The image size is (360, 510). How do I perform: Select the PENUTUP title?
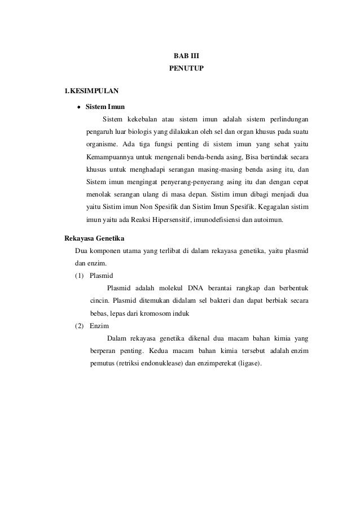pos(186,70)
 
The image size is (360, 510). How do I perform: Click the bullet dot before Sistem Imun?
pos(80,106)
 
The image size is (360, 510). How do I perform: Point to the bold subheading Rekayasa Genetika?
pos(94,238)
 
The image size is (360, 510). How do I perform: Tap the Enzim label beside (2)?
pos(99,326)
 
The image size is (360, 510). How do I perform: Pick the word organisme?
pos(102,144)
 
